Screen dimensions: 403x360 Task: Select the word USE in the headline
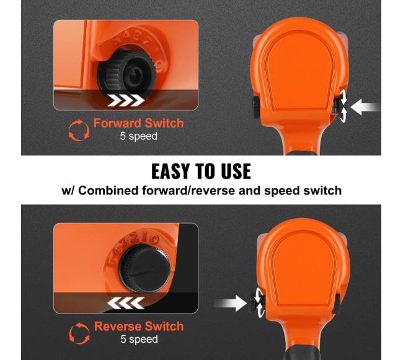pyautogui.click(x=236, y=171)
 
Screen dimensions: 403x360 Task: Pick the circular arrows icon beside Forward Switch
pyautogui.click(x=79, y=131)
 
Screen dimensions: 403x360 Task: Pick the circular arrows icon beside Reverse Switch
pyautogui.click(x=79, y=333)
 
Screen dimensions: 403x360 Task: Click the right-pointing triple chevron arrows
pyautogui.click(x=126, y=100)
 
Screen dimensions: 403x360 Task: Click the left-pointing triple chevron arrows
pyautogui.click(x=126, y=303)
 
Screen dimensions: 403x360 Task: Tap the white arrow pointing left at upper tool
pyautogui.click(x=365, y=107)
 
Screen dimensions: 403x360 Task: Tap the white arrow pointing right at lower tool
pyautogui.click(x=230, y=303)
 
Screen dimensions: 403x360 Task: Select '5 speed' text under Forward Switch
pyautogui.click(x=138, y=136)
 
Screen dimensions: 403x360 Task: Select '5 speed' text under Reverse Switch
pyautogui.click(x=139, y=339)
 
